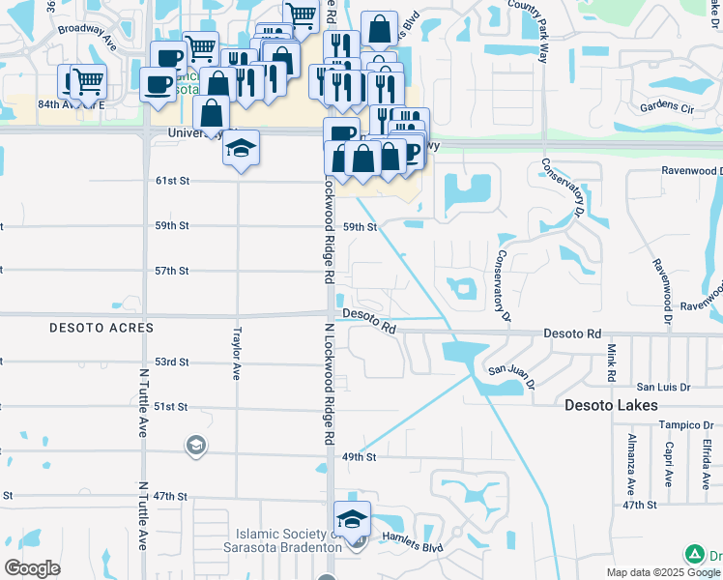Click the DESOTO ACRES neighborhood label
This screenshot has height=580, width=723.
pyautogui.click(x=102, y=329)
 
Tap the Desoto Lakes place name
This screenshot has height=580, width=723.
pyautogui.click(x=611, y=406)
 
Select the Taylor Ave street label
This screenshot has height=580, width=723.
pyautogui.click(x=236, y=353)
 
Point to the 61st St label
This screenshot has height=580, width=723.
pyautogui.click(x=172, y=181)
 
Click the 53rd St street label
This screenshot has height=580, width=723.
pyautogui.click(x=172, y=362)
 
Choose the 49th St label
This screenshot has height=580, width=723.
pyautogui.click(x=359, y=456)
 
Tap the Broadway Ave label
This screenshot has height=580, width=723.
pyautogui.click(x=87, y=29)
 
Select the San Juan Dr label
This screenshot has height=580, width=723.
pyautogui.click(x=508, y=369)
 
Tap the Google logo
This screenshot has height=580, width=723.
pyautogui.click(x=33, y=568)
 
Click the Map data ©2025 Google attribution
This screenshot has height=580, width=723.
pyautogui.click(x=650, y=572)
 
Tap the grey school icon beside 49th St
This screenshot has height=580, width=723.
pyautogui.click(x=195, y=446)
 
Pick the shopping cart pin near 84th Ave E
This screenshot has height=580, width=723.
pyautogui.click(x=88, y=81)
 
